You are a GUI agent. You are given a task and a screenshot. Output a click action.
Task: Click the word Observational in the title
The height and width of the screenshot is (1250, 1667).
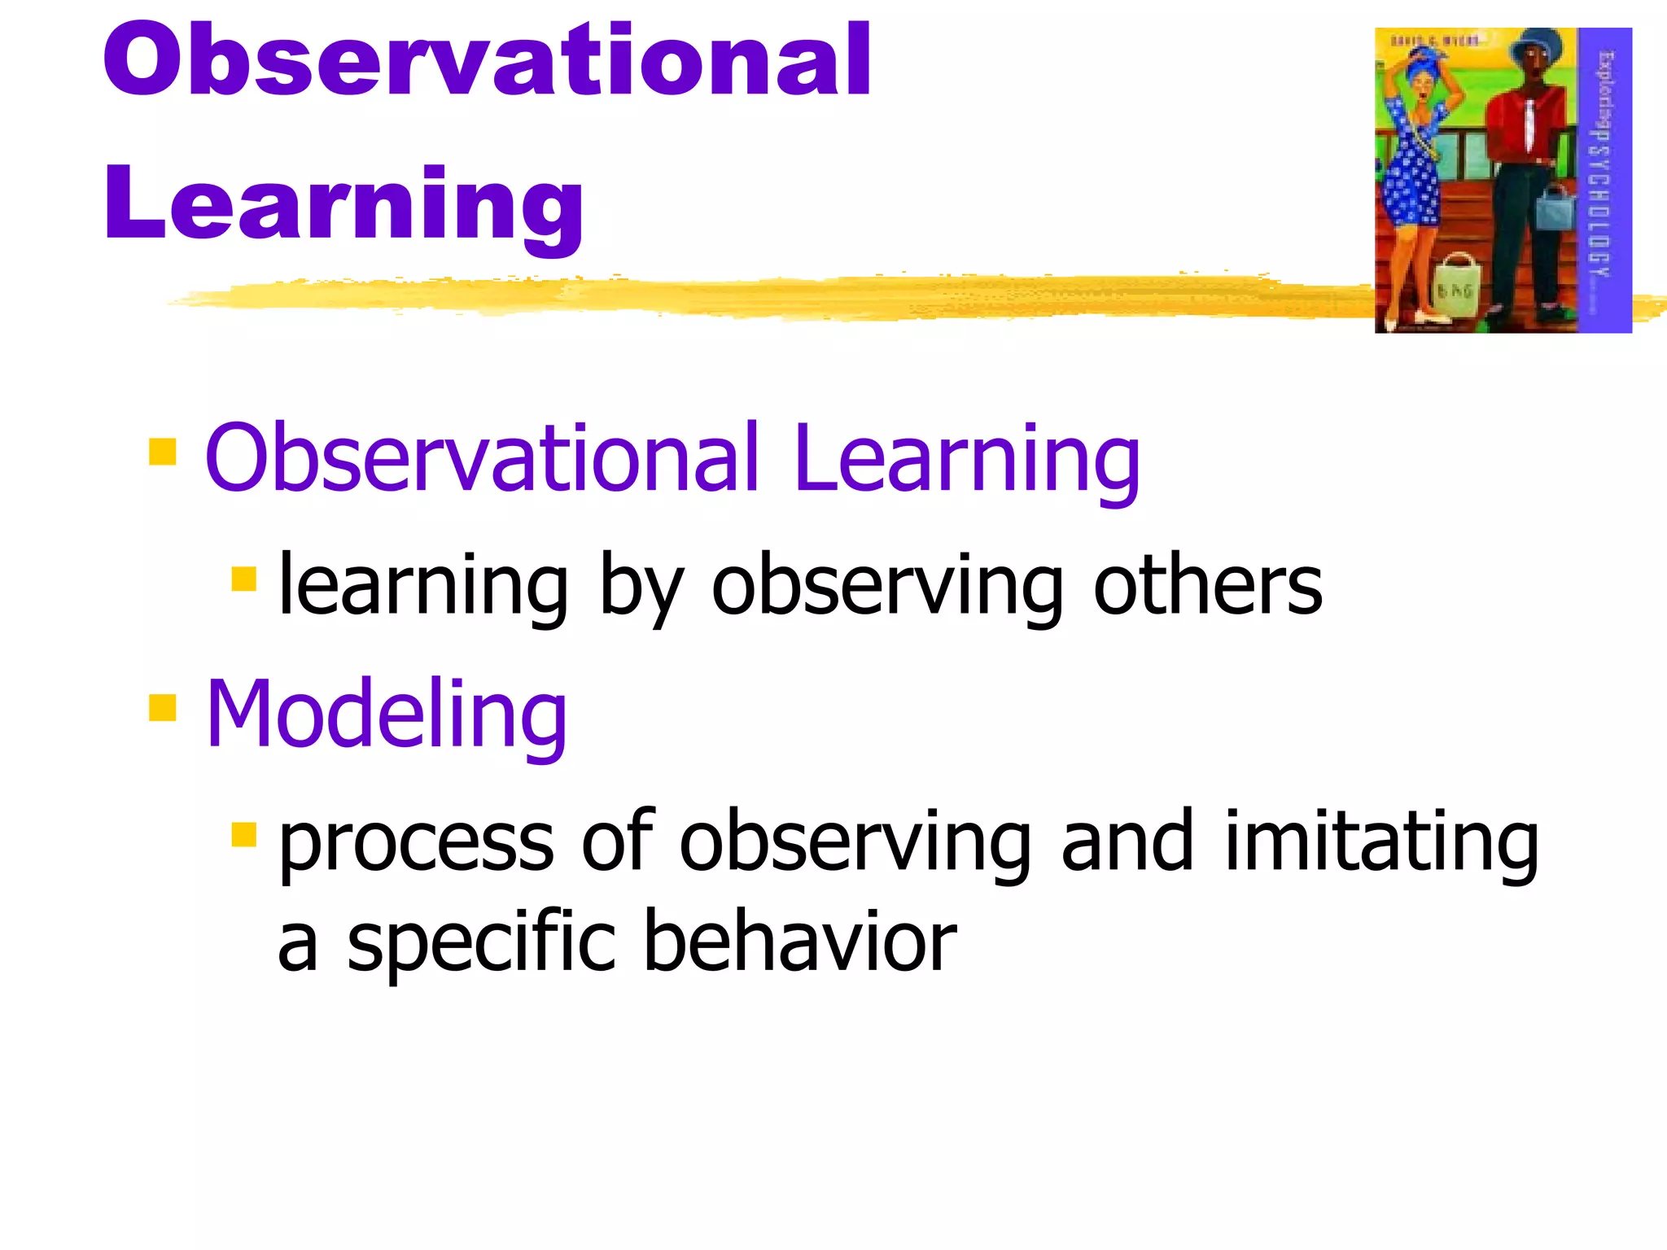pyautogui.click(x=487, y=61)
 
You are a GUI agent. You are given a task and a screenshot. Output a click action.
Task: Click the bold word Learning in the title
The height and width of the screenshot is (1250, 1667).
pyautogui.click(x=343, y=203)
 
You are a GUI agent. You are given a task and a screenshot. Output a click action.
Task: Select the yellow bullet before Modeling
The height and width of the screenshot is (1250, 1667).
pyautogui.click(x=163, y=707)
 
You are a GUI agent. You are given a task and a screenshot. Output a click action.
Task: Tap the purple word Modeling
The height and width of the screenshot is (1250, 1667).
pyautogui.click(x=386, y=714)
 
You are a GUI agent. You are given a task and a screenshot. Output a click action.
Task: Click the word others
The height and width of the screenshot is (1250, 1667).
pyautogui.click(x=1208, y=585)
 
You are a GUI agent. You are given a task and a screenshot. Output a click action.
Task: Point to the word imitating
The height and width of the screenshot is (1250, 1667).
pyautogui.click(x=1381, y=842)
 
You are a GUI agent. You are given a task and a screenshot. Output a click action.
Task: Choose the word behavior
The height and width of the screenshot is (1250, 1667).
pyautogui.click(x=799, y=942)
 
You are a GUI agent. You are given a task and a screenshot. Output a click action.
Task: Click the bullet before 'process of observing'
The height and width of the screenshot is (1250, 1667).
pyautogui.click(x=243, y=835)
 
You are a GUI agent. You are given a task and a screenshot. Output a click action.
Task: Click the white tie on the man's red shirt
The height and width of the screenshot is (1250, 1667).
pyautogui.click(x=1529, y=122)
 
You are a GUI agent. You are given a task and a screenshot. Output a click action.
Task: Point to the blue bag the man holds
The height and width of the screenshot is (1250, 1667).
pyautogui.click(x=1555, y=208)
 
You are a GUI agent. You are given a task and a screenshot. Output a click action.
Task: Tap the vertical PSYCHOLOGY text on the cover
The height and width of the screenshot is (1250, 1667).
pyautogui.click(x=1602, y=203)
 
